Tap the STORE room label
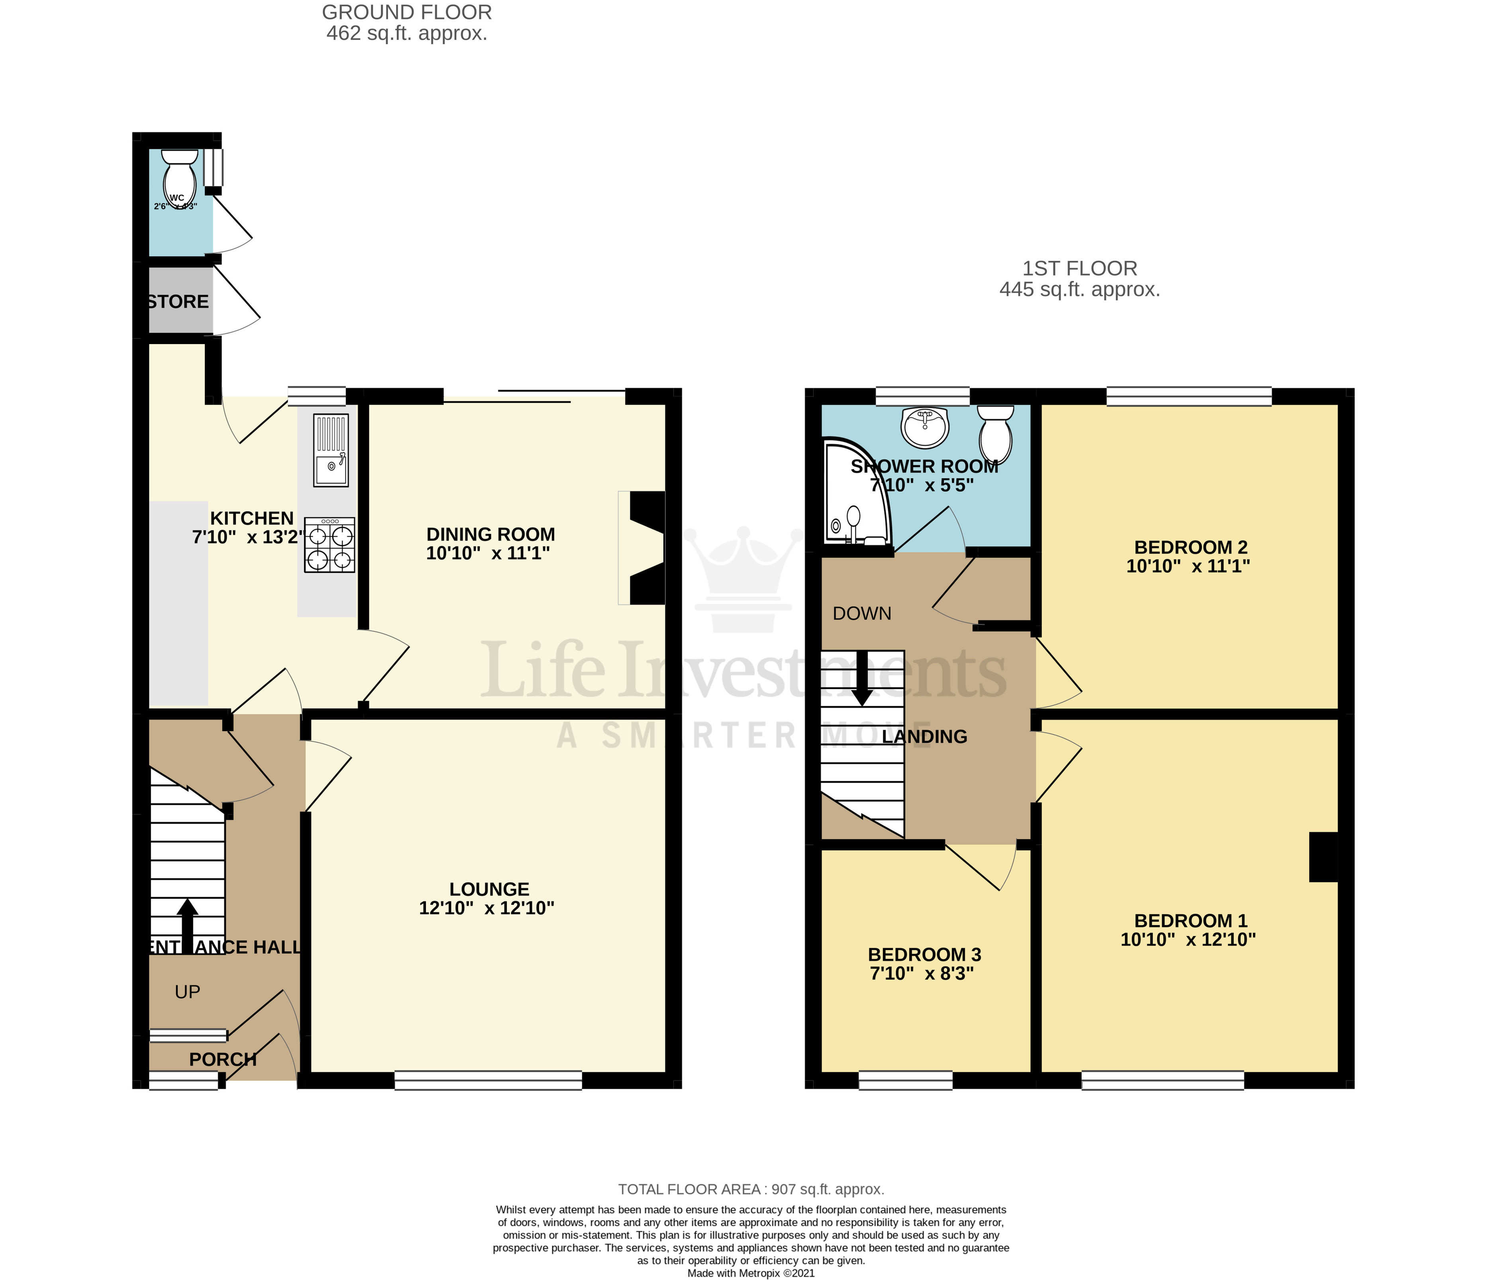179,301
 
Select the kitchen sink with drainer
330,450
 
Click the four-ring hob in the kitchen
330,545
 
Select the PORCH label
222,1059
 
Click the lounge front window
488,1080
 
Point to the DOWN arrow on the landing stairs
862,678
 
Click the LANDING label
924,737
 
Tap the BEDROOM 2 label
1191,548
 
